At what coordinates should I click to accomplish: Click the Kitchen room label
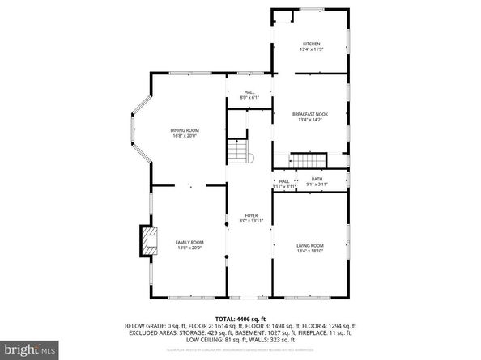[x=311, y=44]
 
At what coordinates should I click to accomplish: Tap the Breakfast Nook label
[x=311, y=115]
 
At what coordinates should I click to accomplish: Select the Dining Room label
[x=185, y=130]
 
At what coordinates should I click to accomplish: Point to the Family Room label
[x=189, y=243]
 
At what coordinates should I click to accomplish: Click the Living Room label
[x=311, y=245]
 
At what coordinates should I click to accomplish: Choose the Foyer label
[x=251, y=215]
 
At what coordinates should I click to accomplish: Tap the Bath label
[x=317, y=180]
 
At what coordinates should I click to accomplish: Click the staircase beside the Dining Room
[x=236, y=150]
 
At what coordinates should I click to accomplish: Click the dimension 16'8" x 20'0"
[x=185, y=136]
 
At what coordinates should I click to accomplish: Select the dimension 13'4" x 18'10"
[x=311, y=251]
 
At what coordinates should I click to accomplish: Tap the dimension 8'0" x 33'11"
[x=251, y=221]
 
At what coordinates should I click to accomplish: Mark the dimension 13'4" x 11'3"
[x=311, y=49]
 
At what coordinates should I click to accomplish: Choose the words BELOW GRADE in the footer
[x=146, y=325]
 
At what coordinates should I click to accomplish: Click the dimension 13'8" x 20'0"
[x=189, y=248]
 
